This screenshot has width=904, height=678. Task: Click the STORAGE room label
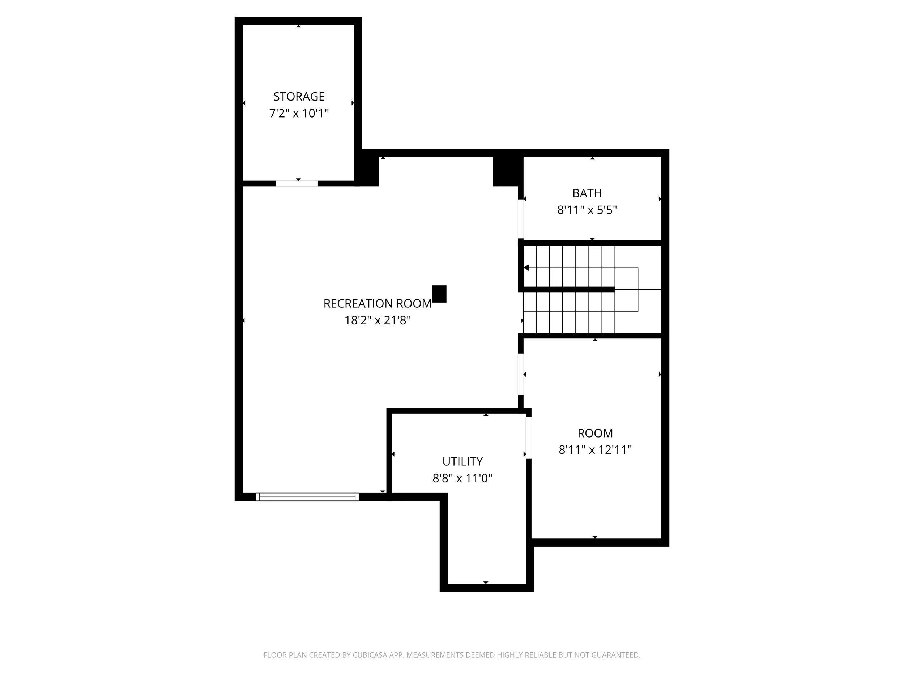pyautogui.click(x=299, y=97)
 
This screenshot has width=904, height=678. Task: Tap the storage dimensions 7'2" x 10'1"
pyautogui.click(x=299, y=113)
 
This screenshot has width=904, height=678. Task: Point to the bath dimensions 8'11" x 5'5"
pyautogui.click(x=587, y=210)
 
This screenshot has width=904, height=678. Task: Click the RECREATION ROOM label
pyautogui.click(x=377, y=304)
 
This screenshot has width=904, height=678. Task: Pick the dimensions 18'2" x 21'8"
pyautogui.click(x=377, y=320)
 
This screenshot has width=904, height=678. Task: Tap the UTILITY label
pyautogui.click(x=462, y=461)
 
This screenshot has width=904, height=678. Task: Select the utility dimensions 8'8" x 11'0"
pyautogui.click(x=462, y=478)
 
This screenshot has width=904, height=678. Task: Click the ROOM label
pyautogui.click(x=595, y=433)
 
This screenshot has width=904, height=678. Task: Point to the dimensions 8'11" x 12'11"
pyautogui.click(x=595, y=450)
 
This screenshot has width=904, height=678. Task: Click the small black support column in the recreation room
pyautogui.click(x=439, y=294)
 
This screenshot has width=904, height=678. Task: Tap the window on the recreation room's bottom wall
pyautogui.click(x=307, y=497)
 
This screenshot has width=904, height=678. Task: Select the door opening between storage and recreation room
pyautogui.click(x=297, y=183)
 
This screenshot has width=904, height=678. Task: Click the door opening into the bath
pyautogui.click(x=521, y=219)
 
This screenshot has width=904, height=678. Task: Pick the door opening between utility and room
pyautogui.click(x=528, y=438)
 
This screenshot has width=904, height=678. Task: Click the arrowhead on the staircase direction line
pyautogui.click(x=526, y=268)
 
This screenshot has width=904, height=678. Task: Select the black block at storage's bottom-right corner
pyautogui.click(x=368, y=171)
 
